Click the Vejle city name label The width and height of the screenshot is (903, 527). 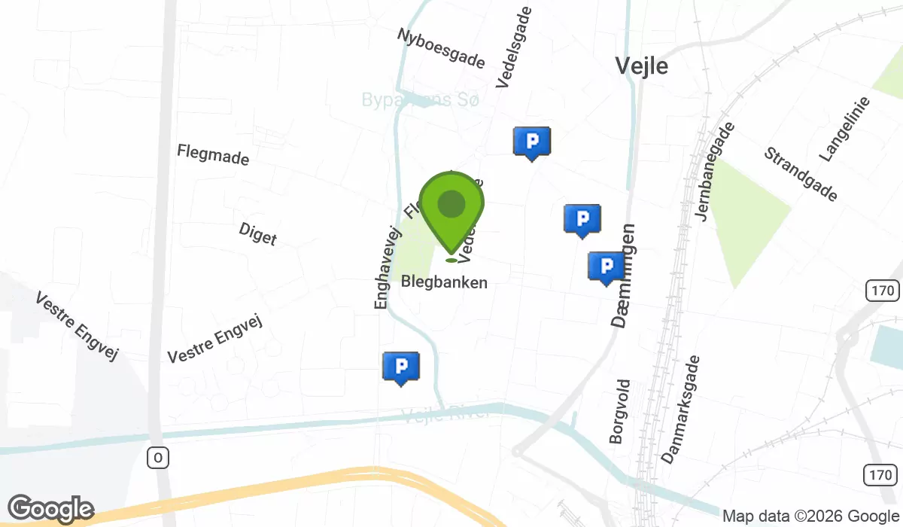[641, 65]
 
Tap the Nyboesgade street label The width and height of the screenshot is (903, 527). [442, 48]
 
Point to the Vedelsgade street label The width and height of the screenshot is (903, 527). [515, 47]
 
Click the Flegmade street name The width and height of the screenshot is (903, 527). [213, 155]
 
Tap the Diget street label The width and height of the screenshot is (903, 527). [257, 233]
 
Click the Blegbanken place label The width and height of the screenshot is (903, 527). [444, 282]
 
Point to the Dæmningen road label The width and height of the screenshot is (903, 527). [624, 275]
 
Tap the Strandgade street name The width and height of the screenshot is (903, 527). [800, 175]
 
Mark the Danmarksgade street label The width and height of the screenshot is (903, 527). [680, 410]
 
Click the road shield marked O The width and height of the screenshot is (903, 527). [157, 457]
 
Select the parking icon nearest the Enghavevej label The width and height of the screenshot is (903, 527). [401, 367]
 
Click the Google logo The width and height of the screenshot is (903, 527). [50, 509]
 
